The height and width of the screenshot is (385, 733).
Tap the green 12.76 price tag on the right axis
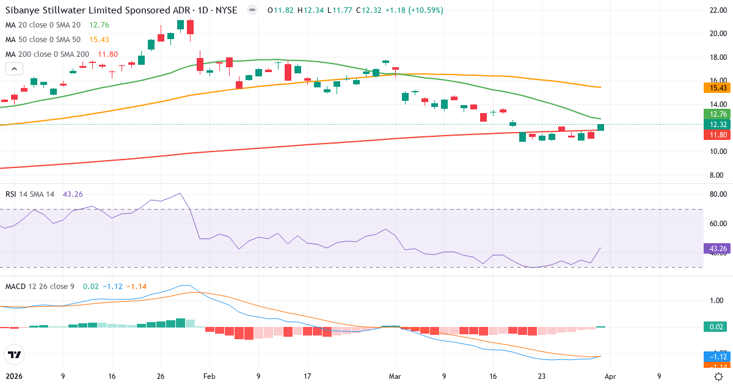715,114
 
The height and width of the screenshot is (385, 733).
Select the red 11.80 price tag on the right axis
715,134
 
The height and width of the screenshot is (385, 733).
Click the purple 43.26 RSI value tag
715,249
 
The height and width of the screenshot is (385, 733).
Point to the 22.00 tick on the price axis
715,10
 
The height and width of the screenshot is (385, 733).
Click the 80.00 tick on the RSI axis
715,194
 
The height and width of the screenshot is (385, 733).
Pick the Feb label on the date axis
210,376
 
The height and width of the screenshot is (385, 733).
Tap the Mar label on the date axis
395,376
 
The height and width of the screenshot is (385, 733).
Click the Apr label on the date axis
611,376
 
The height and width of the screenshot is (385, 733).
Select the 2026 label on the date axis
14,376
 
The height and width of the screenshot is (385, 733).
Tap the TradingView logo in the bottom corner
13,354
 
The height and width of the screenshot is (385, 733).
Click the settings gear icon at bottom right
720,376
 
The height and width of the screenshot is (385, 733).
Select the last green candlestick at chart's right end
600,127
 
